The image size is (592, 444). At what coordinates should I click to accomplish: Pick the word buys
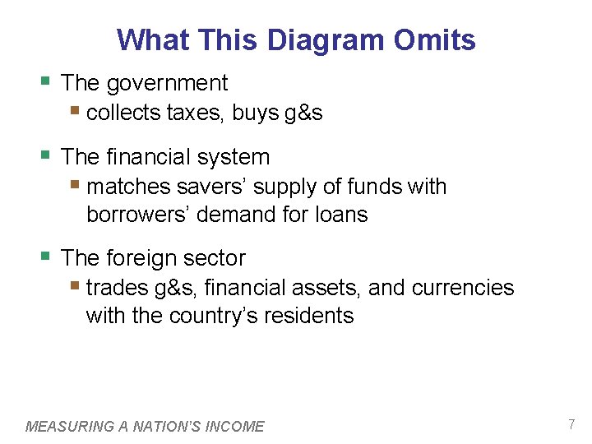pos(255,113)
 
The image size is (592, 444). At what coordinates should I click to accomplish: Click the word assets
pos(330,288)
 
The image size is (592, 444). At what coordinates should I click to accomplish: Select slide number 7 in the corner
pos(571,424)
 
